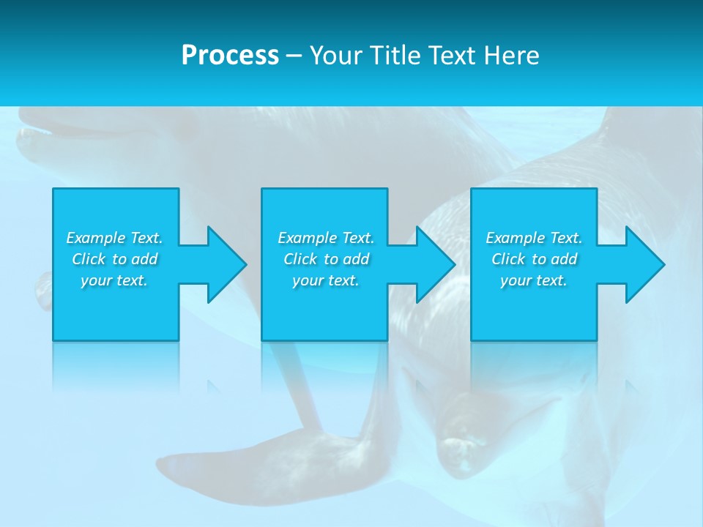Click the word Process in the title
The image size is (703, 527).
[230, 56]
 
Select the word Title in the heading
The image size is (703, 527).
[398, 56]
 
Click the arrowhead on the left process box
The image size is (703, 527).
[223, 264]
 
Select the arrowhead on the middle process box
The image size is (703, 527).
[432, 264]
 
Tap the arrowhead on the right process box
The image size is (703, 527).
[641, 264]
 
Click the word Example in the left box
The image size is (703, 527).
[96, 238]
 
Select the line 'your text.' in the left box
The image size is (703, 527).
[114, 280]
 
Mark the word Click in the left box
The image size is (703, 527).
[89, 259]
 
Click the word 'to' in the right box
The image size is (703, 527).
[540, 259]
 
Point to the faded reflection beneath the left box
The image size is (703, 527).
[116, 370]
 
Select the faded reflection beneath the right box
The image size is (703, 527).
[533, 370]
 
